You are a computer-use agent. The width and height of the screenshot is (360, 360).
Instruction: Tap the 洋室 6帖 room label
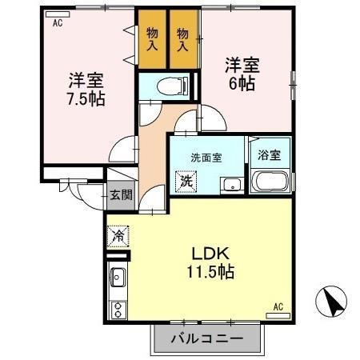click(x=240, y=73)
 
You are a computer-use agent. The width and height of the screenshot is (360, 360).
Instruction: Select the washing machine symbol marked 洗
click(x=186, y=181)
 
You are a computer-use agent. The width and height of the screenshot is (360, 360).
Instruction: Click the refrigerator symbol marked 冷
click(x=118, y=237)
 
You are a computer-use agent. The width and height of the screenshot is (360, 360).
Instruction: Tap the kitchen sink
click(x=117, y=278)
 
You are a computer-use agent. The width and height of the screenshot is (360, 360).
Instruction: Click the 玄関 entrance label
click(x=121, y=194)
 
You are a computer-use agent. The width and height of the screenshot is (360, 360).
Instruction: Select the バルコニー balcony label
click(x=206, y=340)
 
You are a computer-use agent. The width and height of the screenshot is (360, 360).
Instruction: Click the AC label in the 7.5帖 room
click(x=58, y=24)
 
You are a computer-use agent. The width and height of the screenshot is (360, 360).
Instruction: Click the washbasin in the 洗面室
click(x=232, y=183)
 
